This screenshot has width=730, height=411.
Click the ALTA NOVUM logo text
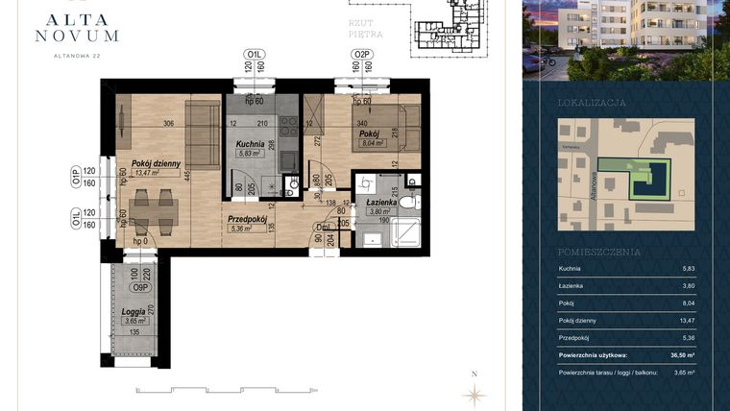pyautogui.click(x=77, y=26)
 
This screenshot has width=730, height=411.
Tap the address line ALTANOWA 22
pyautogui.click(x=77, y=56)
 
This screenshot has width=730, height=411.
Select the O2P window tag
pyautogui.click(x=362, y=54)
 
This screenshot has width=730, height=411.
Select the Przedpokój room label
pyautogui.click(x=246, y=219)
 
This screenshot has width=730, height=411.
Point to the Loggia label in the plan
pyautogui.click(x=133, y=312)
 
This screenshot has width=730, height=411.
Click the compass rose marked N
pyautogui.click(x=474, y=392)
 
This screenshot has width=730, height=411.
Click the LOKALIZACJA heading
pyautogui.click(x=592, y=102)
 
